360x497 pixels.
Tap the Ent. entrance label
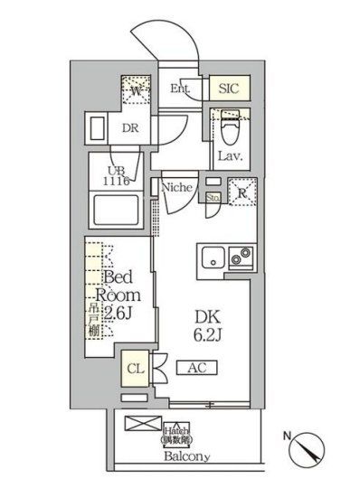(180, 89)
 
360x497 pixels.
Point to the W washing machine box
(135, 90)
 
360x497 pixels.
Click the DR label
(129, 127)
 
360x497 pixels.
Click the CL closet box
(134, 369)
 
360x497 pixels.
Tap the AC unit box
(197, 368)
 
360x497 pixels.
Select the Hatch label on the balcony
(176, 432)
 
